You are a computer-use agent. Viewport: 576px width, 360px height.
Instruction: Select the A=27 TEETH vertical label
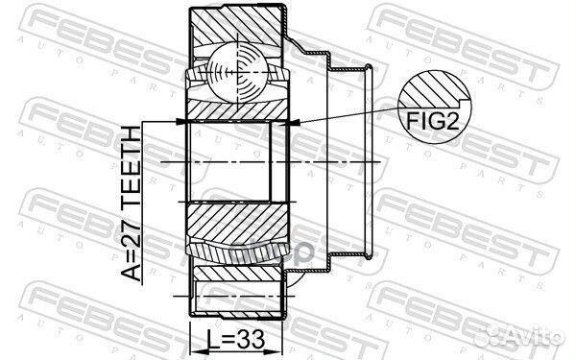132,204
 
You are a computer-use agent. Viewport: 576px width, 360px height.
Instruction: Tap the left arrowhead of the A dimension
182,121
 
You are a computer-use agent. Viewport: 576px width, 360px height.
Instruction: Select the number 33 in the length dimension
251,340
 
